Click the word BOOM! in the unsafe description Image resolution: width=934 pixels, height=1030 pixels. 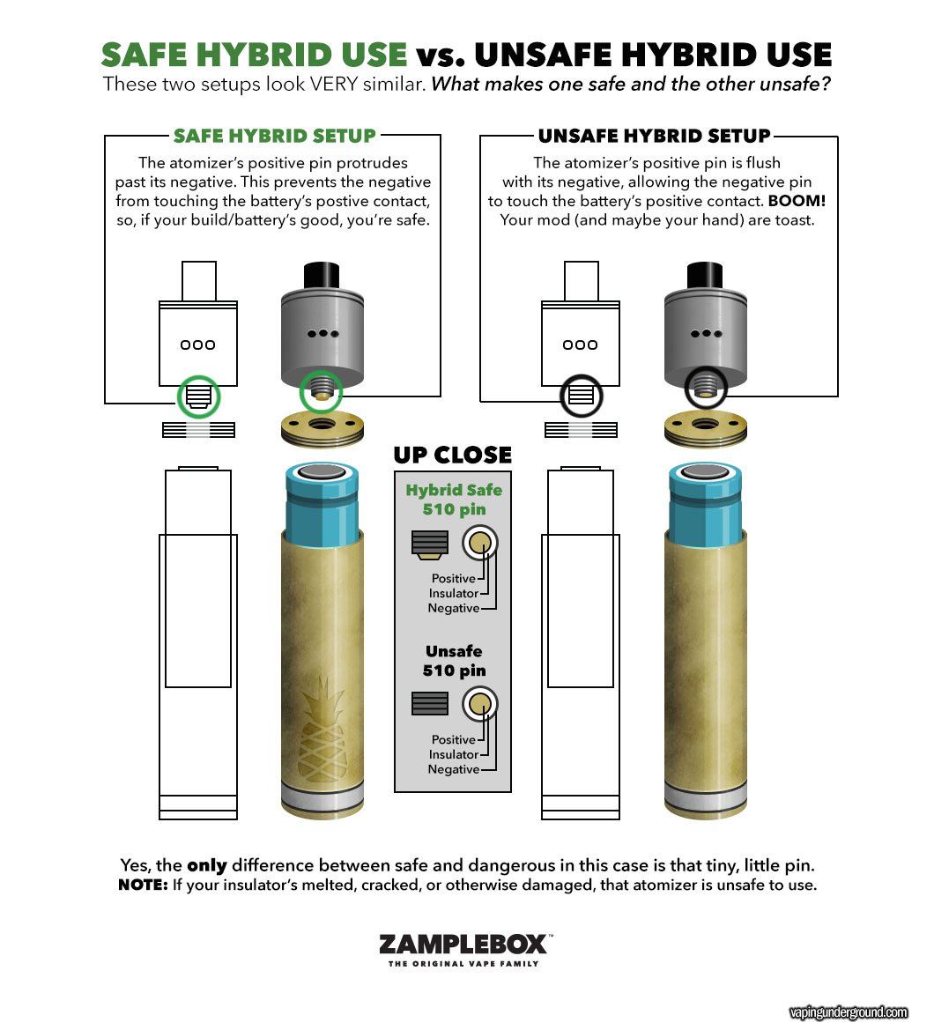click(797, 200)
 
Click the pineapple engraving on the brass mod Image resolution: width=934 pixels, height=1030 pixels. click(322, 730)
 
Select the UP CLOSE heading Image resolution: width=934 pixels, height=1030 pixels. click(453, 455)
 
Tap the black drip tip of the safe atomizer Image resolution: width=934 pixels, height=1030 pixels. click(322, 275)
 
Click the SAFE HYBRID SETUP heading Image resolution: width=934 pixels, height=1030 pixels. click(275, 136)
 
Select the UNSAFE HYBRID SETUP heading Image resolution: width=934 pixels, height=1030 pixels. click(654, 136)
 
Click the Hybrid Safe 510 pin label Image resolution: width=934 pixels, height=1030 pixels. click(454, 500)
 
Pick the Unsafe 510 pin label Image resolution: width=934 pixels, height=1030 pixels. click(454, 661)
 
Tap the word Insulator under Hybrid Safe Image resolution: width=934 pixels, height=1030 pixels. click(453, 593)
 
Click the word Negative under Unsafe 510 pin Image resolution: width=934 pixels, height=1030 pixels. click(453, 769)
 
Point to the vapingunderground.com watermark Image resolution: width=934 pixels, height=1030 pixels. click(849, 1012)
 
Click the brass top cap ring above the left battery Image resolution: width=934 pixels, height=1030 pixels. click(322, 430)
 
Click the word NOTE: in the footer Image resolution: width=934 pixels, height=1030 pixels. click(144, 885)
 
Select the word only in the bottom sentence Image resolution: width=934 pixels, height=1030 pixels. click(207, 866)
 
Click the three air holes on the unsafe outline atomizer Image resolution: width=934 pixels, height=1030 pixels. click(580, 345)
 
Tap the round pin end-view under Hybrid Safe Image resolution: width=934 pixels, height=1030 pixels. click(479, 543)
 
